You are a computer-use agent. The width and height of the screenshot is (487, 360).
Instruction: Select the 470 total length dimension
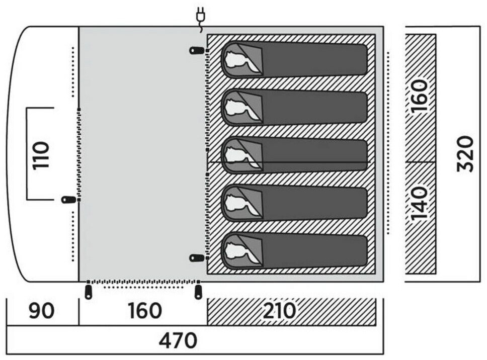pyautogui.click(x=178, y=341)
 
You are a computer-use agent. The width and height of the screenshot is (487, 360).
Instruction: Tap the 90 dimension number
pyautogui.click(x=41, y=311)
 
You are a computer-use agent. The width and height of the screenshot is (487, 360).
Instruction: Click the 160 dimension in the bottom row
pyautogui.click(x=144, y=311)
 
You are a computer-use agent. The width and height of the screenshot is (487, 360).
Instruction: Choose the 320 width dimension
pyautogui.click(x=465, y=153)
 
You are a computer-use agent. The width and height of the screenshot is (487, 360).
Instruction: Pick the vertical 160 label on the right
pyautogui.click(x=420, y=96)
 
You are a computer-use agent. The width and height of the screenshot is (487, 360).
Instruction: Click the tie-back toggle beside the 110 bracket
pyautogui.click(x=68, y=200)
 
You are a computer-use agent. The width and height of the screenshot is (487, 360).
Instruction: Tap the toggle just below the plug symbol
pyautogui.click(x=197, y=50)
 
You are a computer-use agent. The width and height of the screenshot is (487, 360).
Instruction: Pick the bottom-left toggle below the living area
pyautogui.click(x=89, y=292)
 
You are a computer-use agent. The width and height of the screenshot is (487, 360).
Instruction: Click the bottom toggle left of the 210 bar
pyautogui.click(x=198, y=292)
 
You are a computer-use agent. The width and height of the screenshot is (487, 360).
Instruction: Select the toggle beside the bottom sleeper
pyautogui.click(x=197, y=258)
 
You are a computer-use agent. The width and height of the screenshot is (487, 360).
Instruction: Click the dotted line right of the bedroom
pyautogui.click(x=388, y=143)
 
